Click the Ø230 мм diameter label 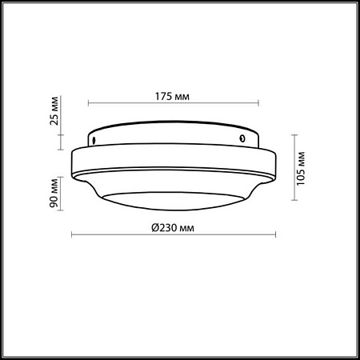174,226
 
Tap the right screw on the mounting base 241,138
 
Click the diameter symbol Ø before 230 155,226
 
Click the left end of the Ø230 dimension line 73,234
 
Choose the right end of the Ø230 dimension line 275,234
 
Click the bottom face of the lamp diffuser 174,203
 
